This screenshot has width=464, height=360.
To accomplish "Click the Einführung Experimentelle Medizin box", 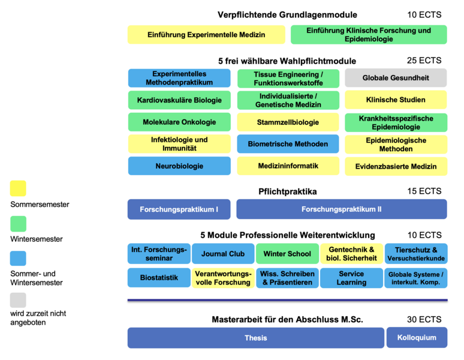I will click(x=206, y=35).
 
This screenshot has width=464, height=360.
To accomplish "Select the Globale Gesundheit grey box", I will click(x=396, y=78).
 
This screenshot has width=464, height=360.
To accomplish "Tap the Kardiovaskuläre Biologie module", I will click(x=179, y=100).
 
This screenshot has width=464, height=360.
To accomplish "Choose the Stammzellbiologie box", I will click(x=288, y=122).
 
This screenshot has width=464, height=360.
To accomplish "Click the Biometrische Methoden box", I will click(x=288, y=144).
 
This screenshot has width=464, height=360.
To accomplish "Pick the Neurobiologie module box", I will click(x=179, y=166).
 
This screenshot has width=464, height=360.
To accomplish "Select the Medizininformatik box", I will click(x=288, y=166).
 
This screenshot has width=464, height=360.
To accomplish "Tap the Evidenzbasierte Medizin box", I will click(x=396, y=166).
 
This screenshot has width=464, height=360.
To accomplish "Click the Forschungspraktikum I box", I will click(x=179, y=209).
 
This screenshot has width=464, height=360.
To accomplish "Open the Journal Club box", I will click(x=223, y=254).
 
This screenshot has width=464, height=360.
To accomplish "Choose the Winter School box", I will click(x=287, y=254).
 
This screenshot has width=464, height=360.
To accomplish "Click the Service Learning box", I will click(x=351, y=278).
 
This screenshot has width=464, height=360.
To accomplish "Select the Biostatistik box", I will click(x=159, y=278).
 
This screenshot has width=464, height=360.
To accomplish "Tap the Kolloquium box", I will click(x=417, y=338).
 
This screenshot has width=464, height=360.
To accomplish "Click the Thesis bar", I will click(x=256, y=338).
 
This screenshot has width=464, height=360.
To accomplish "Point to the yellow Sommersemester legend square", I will click(x=18, y=188).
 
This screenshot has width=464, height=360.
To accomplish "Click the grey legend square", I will click(x=18, y=299).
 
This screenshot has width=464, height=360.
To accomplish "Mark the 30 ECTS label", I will click(x=424, y=319).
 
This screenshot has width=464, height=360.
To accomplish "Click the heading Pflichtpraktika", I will click(x=287, y=192).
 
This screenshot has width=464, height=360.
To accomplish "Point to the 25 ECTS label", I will click(x=424, y=60).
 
